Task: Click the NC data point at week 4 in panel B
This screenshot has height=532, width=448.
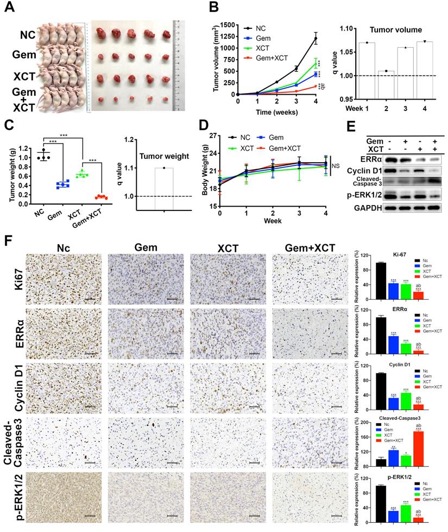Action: pyautogui.click(x=315, y=39)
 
